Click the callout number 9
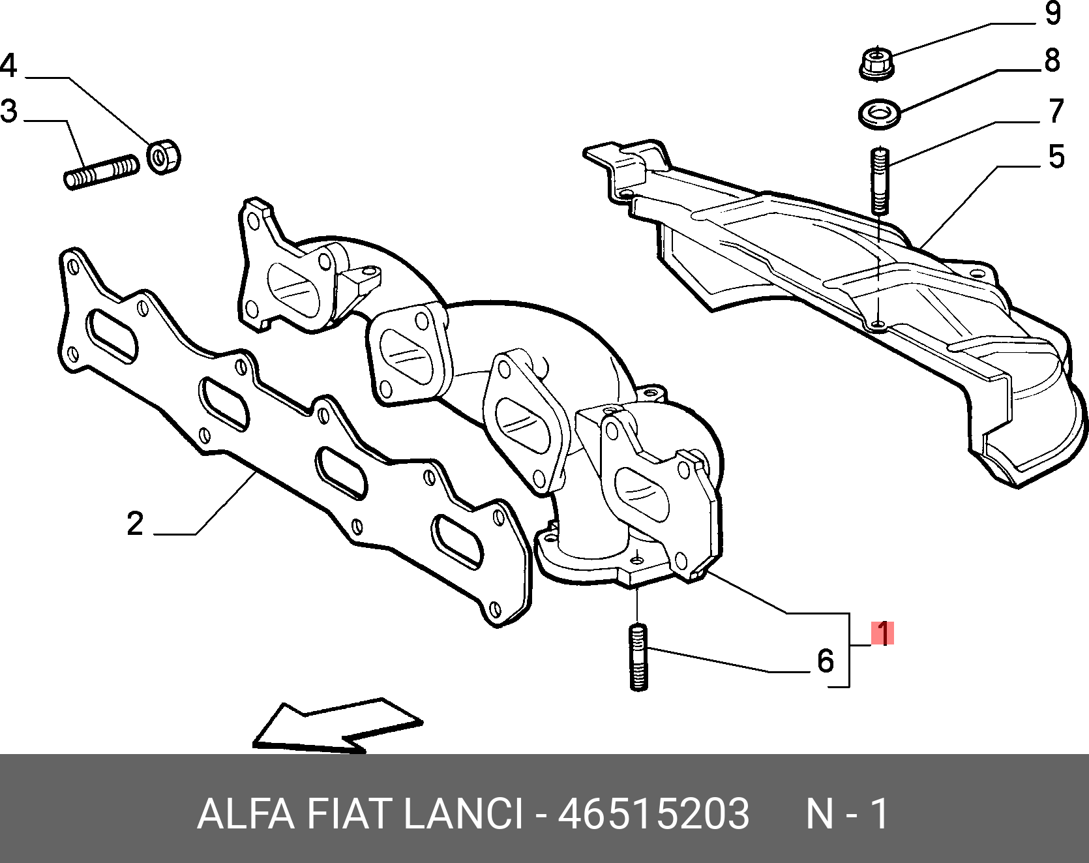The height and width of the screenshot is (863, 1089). [1052, 14]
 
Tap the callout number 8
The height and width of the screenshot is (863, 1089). [1052, 61]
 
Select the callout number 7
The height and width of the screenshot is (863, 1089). [1056, 111]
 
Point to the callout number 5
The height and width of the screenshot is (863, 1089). [1056, 157]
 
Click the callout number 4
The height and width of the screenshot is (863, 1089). [9, 66]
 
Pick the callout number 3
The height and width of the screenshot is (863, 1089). [9, 111]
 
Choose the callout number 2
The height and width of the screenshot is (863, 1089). [135, 524]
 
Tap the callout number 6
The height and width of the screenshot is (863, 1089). [826, 661]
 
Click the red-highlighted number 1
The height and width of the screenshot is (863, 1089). [882, 633]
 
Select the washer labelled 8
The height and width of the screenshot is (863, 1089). [880, 114]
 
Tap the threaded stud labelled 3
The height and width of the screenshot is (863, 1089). [102, 172]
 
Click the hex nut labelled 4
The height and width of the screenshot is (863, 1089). [163, 157]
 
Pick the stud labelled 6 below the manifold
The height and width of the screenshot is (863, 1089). [639, 658]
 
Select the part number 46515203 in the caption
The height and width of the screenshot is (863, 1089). [653, 813]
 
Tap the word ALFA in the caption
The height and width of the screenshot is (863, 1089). [245, 813]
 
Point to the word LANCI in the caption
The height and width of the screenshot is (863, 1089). [464, 813]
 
